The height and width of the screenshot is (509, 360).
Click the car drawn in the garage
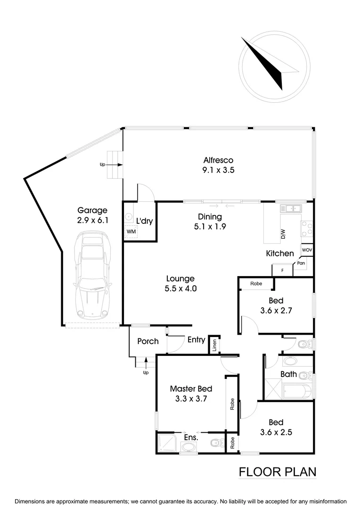point(92,276)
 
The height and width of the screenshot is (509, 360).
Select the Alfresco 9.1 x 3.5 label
point(219,164)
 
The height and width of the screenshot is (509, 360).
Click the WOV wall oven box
point(307,250)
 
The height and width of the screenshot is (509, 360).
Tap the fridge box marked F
point(282,270)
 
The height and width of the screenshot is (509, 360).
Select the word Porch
point(147,341)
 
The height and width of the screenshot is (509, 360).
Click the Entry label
point(196,339)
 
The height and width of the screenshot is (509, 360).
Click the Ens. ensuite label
point(191,437)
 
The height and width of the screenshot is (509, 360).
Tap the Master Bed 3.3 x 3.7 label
point(191,394)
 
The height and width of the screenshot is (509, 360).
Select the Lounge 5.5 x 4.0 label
point(180,283)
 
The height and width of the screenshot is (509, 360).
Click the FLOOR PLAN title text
point(277,471)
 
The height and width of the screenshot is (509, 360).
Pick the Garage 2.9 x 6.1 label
point(92,215)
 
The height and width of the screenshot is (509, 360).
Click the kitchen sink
point(292,207)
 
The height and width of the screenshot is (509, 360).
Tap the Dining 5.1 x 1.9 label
point(210,222)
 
